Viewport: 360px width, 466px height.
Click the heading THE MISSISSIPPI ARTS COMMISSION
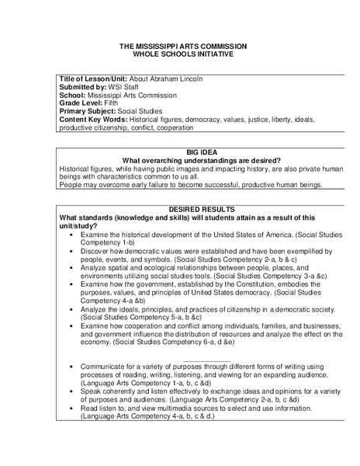click(x=179, y=47)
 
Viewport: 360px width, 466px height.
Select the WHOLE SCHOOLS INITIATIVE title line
click(x=179, y=55)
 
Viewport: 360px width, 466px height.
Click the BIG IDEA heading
click(x=180, y=152)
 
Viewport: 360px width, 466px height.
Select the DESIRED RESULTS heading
click(x=179, y=210)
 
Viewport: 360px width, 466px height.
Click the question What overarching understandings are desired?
click(x=180, y=160)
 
